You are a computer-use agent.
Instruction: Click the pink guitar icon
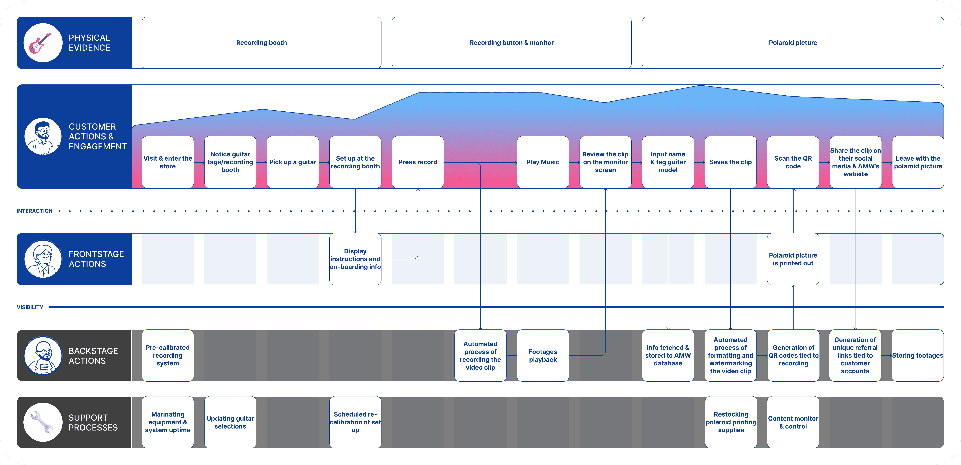40,43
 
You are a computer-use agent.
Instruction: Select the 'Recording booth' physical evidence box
261,42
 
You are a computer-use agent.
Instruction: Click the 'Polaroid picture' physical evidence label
793,42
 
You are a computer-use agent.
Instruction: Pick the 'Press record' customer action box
417,162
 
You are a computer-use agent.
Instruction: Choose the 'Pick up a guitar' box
292,162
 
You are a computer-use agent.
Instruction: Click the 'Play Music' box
543,162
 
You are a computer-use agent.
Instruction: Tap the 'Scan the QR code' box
793,162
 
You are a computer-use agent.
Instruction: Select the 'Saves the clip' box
730,162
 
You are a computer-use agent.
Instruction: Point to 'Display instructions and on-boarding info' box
355,259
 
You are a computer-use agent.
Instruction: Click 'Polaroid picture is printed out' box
793,259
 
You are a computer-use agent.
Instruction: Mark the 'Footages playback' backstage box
543,355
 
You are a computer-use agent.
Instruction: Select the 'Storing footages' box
917,355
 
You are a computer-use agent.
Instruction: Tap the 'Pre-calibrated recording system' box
168,355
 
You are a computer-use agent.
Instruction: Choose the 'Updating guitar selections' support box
230,422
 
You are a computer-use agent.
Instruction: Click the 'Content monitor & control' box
793,422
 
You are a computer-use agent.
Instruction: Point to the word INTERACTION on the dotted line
34,211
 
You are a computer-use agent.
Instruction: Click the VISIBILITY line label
30,307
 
